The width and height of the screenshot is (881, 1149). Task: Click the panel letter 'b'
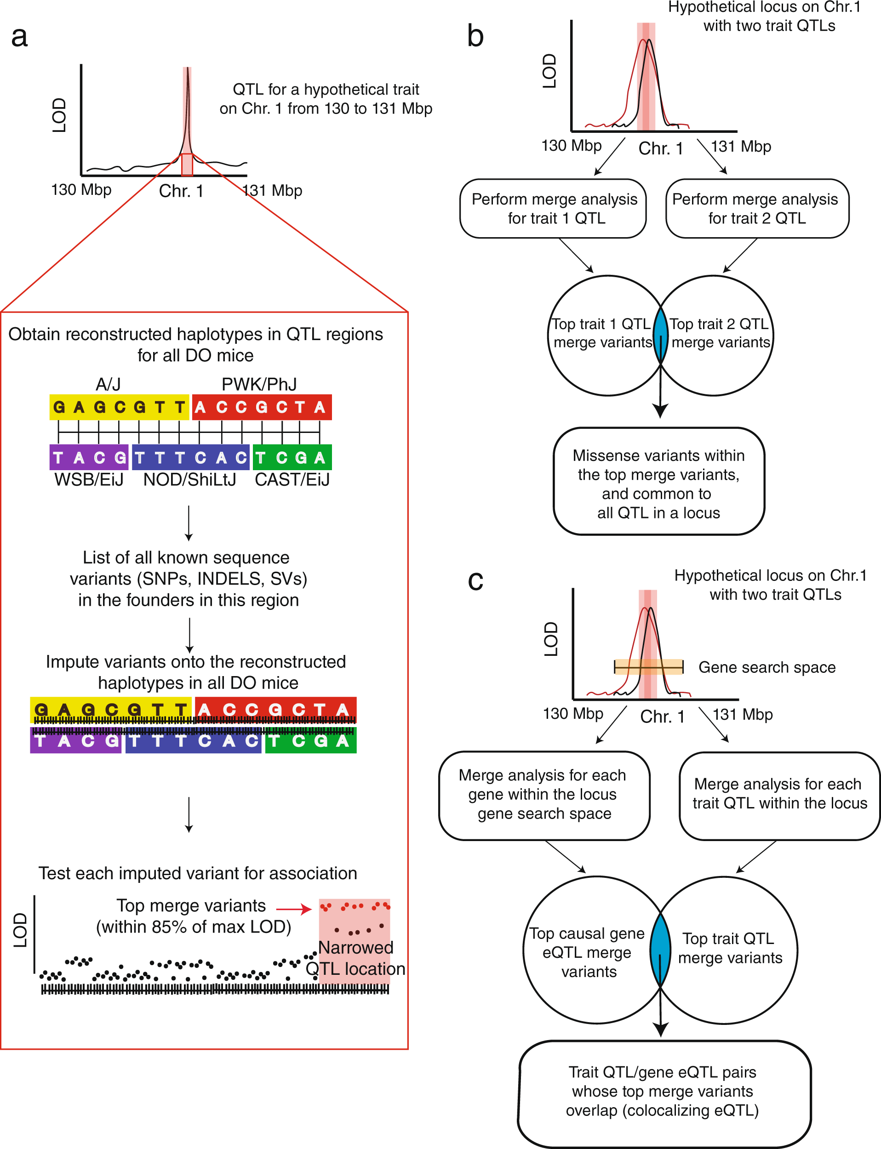pos(475,37)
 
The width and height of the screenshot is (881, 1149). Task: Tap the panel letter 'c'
pos(475,581)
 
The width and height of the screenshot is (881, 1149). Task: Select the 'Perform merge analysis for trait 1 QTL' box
pos(553,209)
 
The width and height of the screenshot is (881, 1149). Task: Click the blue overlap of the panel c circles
pos(660,950)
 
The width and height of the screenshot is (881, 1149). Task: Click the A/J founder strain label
pos(108,384)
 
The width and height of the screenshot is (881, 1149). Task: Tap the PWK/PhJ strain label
pos(259,384)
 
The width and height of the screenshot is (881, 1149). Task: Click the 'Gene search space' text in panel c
pos(767,667)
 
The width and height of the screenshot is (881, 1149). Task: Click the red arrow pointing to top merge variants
pos(294,910)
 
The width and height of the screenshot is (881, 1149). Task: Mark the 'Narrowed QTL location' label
pos(355,958)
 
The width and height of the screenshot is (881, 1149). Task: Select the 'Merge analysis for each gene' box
pos(544,795)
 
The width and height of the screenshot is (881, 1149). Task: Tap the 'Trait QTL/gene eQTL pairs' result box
pos(663,1092)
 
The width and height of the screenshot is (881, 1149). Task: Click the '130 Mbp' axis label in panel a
pos(81,190)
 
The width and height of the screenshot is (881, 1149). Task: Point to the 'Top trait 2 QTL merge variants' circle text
pos(720,333)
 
